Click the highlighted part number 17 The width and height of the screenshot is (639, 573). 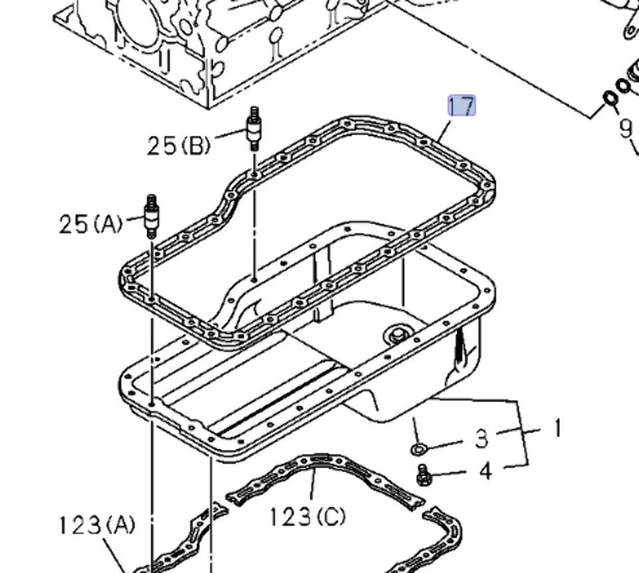(461, 106)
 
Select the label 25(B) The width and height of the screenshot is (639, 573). (178, 144)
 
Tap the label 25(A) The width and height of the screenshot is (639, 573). (91, 224)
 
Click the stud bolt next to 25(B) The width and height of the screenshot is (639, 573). (254, 129)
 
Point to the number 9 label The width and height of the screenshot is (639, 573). (625, 128)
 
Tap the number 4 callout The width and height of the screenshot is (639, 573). (485, 471)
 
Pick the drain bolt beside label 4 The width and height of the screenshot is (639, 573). (421, 475)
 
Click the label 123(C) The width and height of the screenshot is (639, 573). (308, 515)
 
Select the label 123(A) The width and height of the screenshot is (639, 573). (95, 525)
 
